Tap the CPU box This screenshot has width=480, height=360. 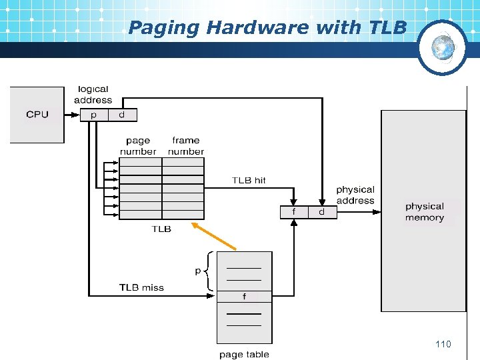tap(37, 115)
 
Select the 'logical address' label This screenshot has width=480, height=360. tap(93, 95)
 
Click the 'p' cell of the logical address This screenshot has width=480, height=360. tap(93, 115)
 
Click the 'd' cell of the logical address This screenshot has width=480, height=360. tap(121, 115)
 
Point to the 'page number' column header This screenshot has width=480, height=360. tap(138, 146)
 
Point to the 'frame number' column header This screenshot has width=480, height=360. tap(186, 146)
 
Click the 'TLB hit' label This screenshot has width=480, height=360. tap(249, 180)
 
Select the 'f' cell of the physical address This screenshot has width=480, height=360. tap(294, 212)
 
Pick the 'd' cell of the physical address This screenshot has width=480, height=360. tap(321, 212)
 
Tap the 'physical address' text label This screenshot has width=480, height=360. tap(355, 195)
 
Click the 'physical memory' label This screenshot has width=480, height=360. tap(424, 212)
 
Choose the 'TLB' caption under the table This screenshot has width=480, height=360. tap(161, 229)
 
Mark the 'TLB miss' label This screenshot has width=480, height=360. tap(141, 287)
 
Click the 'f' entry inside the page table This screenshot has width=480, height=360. tap(244, 297)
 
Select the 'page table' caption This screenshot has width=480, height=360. tap(244, 354)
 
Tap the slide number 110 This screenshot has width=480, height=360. tap(443, 344)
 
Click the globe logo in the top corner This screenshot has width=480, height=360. tap(442, 47)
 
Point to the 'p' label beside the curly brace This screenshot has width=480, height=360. tap(197, 271)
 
